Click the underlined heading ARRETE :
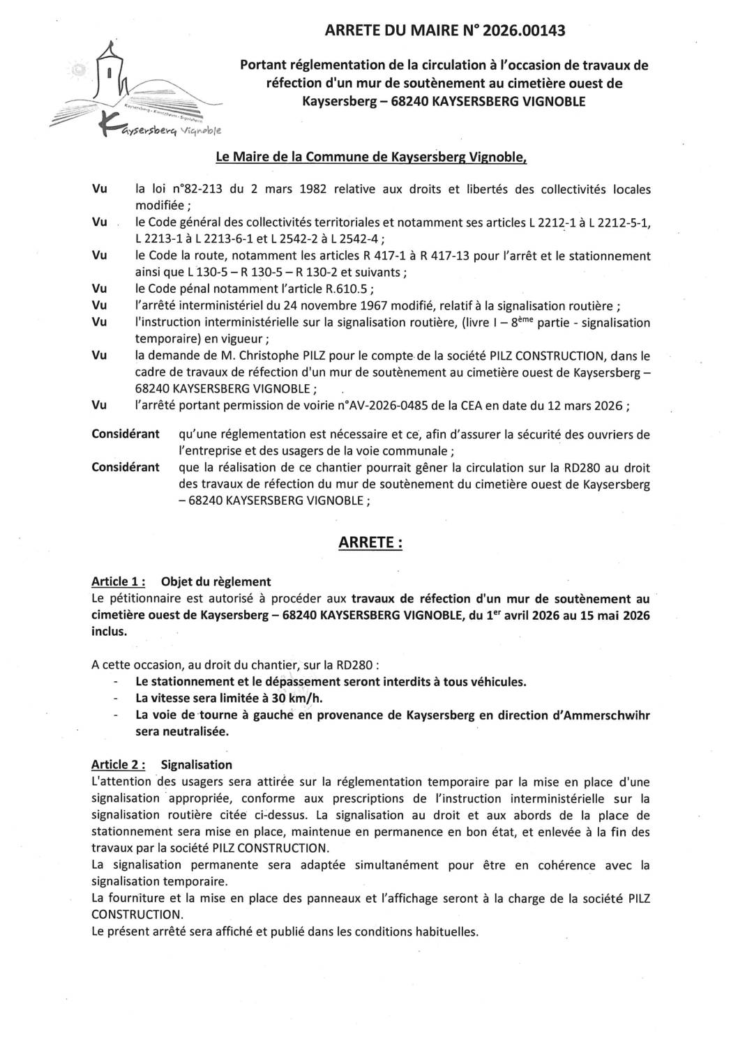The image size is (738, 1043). tap(370, 542)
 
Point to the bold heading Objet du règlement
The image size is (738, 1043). tap(216, 581)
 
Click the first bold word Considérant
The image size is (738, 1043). tap(126, 434)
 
